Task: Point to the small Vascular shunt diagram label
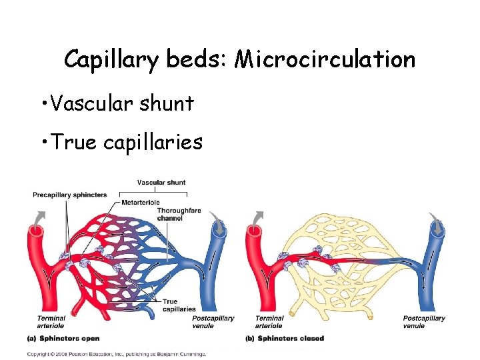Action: [x=161, y=182]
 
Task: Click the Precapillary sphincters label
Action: [x=69, y=195]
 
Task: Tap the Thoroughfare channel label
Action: [x=175, y=215]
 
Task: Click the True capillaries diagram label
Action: [x=179, y=305]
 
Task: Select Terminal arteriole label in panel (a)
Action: [x=51, y=321]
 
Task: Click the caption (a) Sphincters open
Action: [x=63, y=339]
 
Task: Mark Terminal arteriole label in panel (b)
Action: [x=269, y=321]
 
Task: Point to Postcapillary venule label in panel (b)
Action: [x=424, y=321]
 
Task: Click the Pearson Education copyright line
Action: [x=116, y=353]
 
